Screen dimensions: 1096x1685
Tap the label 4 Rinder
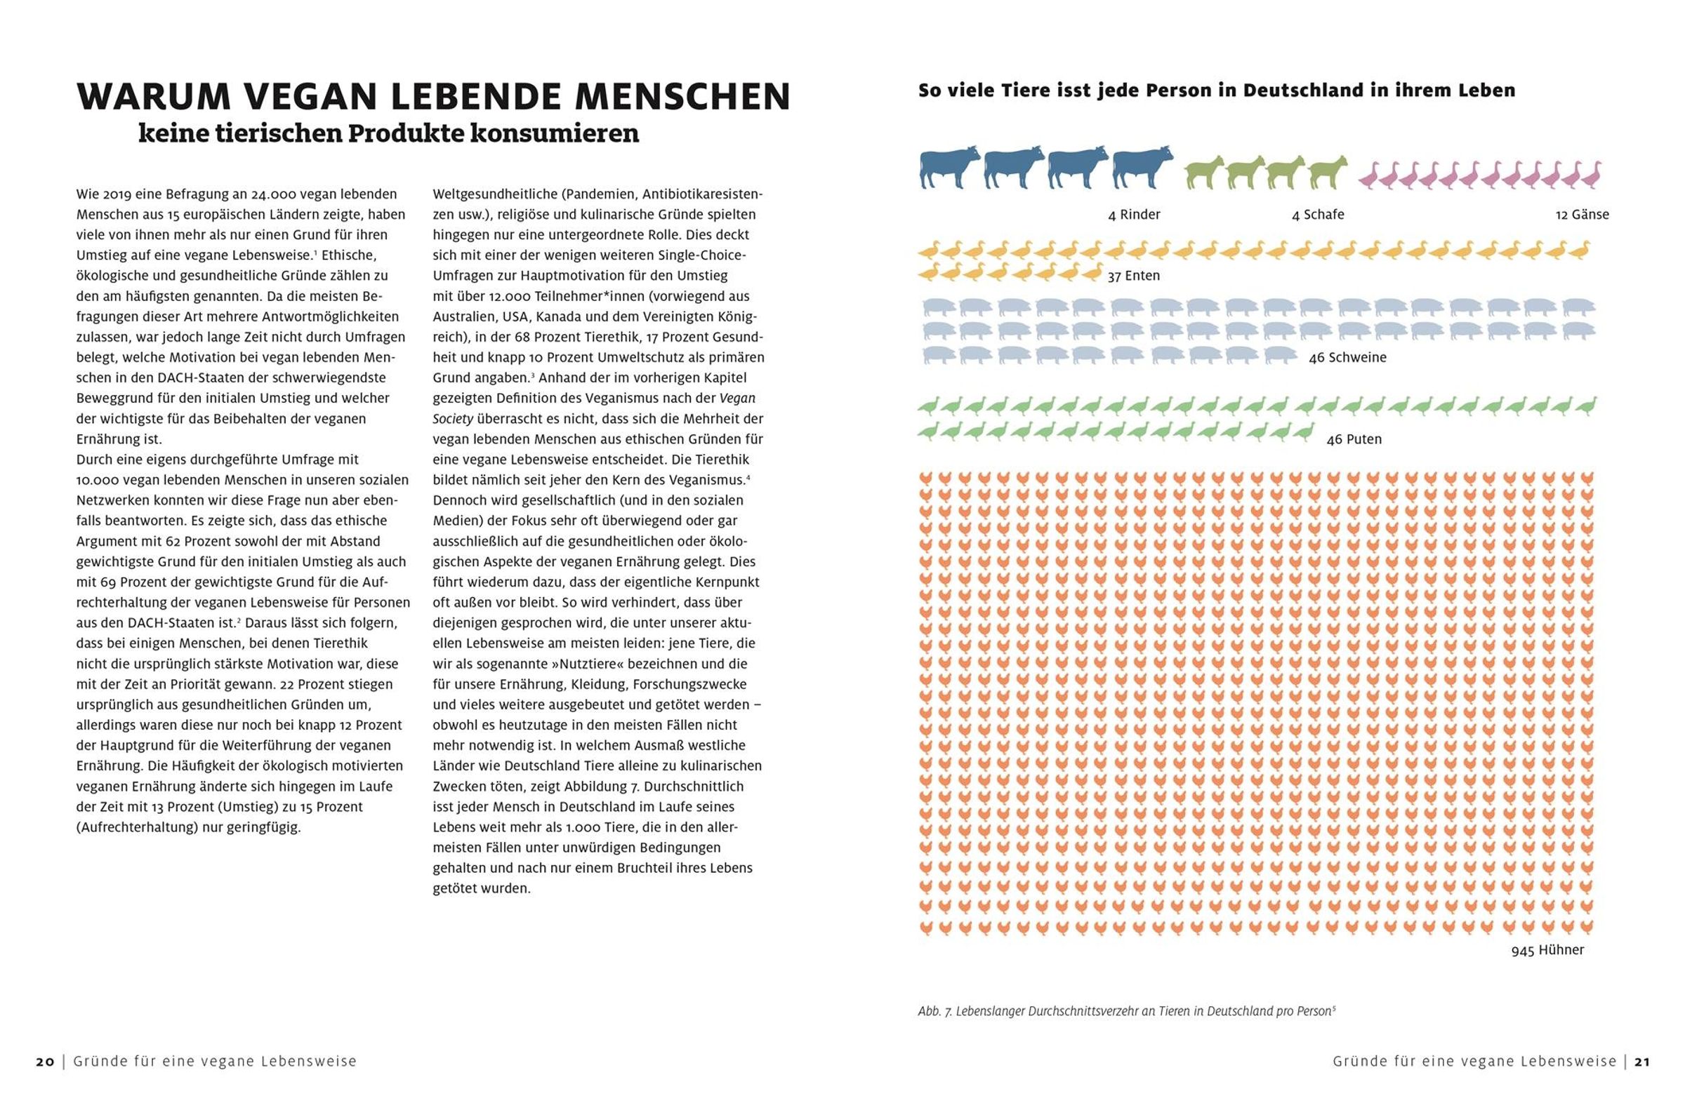pos(1133,215)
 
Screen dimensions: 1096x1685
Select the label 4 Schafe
pos(1318,215)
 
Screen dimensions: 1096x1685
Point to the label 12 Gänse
pos(1582,215)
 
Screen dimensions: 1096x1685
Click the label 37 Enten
pos(1133,276)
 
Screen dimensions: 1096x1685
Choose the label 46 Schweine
pos(1347,358)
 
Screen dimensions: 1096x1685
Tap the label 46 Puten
pos(1354,439)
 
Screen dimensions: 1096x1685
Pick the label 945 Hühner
pos(1547,950)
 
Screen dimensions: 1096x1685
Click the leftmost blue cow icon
pos(949,168)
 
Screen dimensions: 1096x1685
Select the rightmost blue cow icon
pos(1142,168)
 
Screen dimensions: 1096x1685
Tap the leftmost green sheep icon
pos(1204,173)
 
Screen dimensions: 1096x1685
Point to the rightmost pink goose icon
pos(1591,175)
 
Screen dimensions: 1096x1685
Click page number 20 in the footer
pos(46,1062)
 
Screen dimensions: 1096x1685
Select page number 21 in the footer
pos(1642,1062)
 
